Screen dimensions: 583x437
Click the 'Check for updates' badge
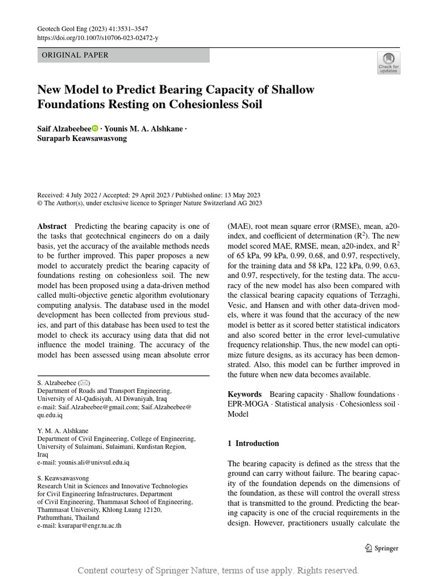[x=389, y=63]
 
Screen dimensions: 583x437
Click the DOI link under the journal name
[x=98, y=38]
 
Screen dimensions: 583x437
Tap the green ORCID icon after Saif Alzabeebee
[x=95, y=129]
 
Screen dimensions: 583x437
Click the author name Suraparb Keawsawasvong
[x=82, y=138]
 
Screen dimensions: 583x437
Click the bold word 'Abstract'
[x=52, y=226]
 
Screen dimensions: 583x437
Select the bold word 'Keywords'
[x=245, y=394]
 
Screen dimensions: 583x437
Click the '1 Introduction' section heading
[x=253, y=443]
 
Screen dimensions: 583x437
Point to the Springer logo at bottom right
[x=381, y=548]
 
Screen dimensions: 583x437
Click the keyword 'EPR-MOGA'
[x=249, y=404]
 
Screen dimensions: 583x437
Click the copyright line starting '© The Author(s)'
[x=150, y=203]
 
